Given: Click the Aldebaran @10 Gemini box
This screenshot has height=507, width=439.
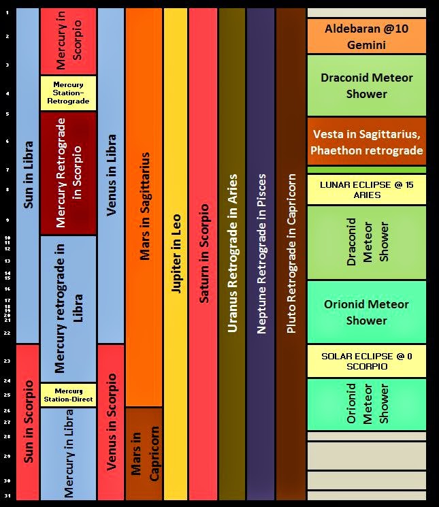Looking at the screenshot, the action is (x=366, y=37).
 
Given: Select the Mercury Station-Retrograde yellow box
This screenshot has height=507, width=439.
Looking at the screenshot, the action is (x=68, y=93).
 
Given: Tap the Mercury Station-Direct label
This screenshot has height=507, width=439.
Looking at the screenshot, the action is (x=68, y=395).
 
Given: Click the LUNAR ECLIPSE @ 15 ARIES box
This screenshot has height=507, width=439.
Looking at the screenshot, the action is (x=366, y=190).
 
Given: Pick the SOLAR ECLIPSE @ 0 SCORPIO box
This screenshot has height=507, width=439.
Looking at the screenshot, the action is (x=366, y=361).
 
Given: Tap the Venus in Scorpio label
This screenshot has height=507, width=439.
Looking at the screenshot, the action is (x=111, y=422).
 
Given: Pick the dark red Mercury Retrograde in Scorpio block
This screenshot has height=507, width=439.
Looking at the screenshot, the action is (x=68, y=173).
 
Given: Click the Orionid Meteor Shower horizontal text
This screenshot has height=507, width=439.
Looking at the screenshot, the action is (x=366, y=312).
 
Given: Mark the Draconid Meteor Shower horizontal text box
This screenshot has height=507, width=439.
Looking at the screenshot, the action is (x=366, y=86).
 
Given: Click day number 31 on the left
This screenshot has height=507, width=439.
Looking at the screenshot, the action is (x=7, y=495).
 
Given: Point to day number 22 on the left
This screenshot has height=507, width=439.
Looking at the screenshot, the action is (x=7, y=333).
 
